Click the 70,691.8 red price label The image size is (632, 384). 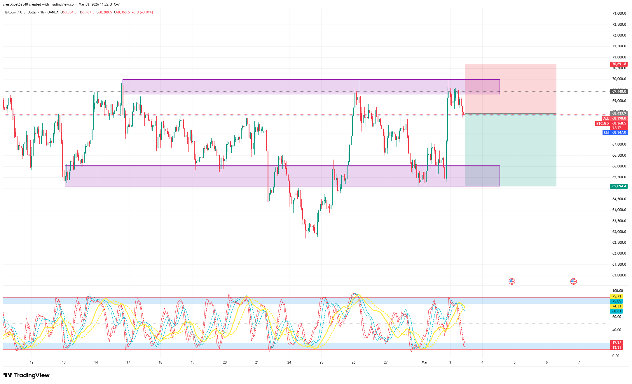pyautogui.click(x=619, y=64)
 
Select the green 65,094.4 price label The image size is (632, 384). pyautogui.click(x=619, y=186)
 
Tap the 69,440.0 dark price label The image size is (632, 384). pyautogui.click(x=619, y=91)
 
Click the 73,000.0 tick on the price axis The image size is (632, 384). pyautogui.click(x=619, y=13)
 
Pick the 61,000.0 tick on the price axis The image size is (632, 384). pyautogui.click(x=619, y=275)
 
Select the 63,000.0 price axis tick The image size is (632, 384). pyautogui.click(x=619, y=232)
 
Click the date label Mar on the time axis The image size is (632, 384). pyautogui.click(x=425, y=362)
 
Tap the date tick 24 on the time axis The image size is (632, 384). pyautogui.click(x=289, y=362)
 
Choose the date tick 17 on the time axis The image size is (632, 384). pyautogui.click(x=128, y=362)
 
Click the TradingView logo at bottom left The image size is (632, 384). pyautogui.click(x=27, y=375)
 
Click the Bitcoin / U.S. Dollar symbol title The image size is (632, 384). pyautogui.click(x=21, y=12)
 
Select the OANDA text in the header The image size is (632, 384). pyautogui.click(x=53, y=12)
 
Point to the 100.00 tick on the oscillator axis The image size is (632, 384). pyautogui.click(x=617, y=291)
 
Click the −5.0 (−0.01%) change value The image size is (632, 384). pyautogui.click(x=142, y=12)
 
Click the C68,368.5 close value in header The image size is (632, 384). pyautogui.click(x=122, y=12)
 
